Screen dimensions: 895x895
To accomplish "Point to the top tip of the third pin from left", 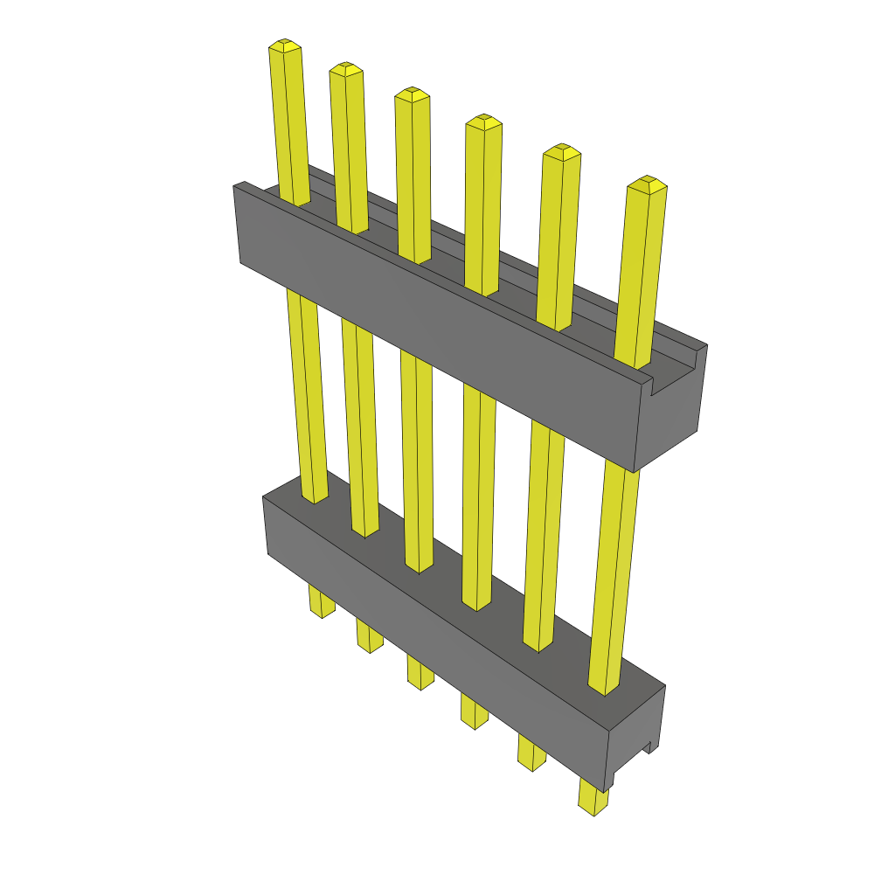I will click(x=412, y=94).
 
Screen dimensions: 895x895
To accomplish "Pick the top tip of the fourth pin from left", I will click(x=483, y=121).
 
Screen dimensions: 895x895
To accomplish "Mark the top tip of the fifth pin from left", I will click(x=562, y=150).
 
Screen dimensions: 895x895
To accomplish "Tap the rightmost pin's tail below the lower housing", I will click(x=593, y=800).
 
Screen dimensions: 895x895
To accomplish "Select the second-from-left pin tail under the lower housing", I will click(x=370, y=636).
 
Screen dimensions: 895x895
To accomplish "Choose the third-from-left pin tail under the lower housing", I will click(x=420, y=673).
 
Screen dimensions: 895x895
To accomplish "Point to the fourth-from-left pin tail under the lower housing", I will click(x=474, y=711).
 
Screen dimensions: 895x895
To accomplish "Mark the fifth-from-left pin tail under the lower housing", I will click(x=531, y=753).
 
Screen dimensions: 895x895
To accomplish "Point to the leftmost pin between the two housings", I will click(x=308, y=393).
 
